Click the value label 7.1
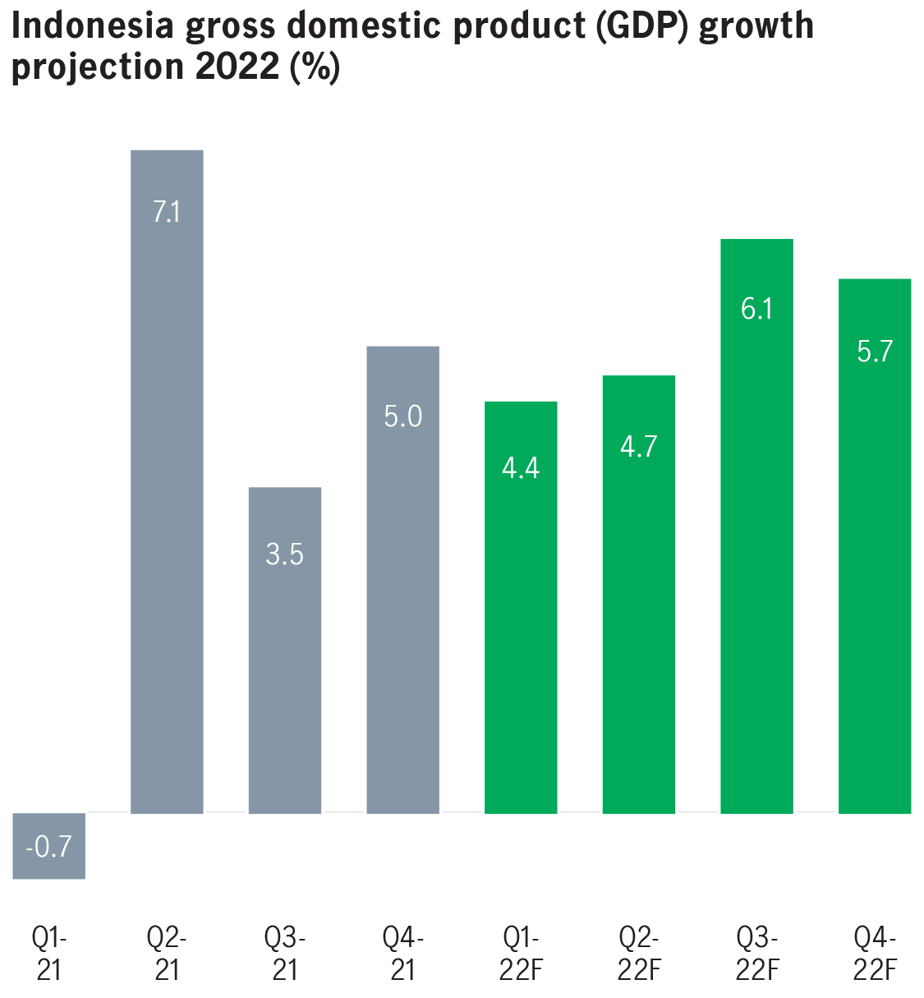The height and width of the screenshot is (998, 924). click(x=167, y=212)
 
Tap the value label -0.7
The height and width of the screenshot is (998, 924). click(x=49, y=846)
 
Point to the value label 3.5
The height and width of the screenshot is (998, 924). click(x=285, y=554)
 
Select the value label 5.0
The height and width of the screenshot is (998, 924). click(x=402, y=416)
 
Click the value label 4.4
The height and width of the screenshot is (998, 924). click(x=521, y=468)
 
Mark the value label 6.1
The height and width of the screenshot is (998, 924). click(x=756, y=309)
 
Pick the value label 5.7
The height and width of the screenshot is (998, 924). click(x=875, y=352)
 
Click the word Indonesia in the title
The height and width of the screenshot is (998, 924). click(x=92, y=27)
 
